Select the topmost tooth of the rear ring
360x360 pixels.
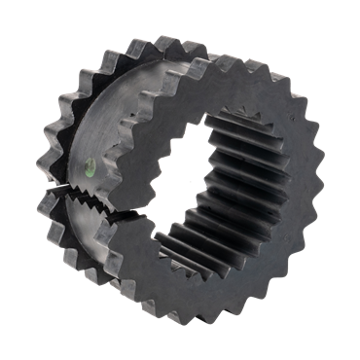coord(146,43)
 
